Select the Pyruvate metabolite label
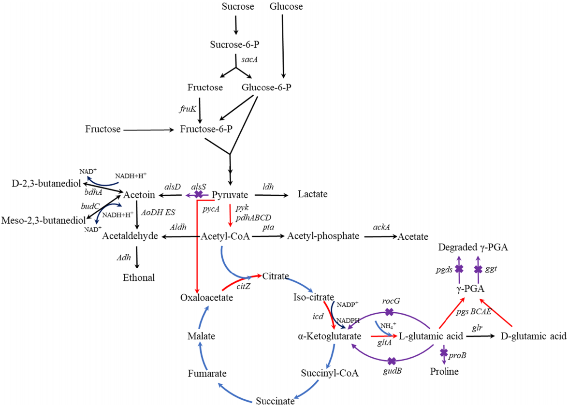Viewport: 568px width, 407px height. pyautogui.click(x=231, y=195)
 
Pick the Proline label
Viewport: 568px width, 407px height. pyautogui.click(x=444, y=372)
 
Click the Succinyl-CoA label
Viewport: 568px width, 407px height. pyautogui.click(x=329, y=373)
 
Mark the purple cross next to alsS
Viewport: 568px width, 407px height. pyautogui.click(x=198, y=194)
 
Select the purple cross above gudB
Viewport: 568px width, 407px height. pyautogui.click(x=392, y=361)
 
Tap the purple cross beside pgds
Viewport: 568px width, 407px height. pyautogui.click(x=459, y=268)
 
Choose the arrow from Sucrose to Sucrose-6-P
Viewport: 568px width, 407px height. pyautogui.click(x=236, y=25)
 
